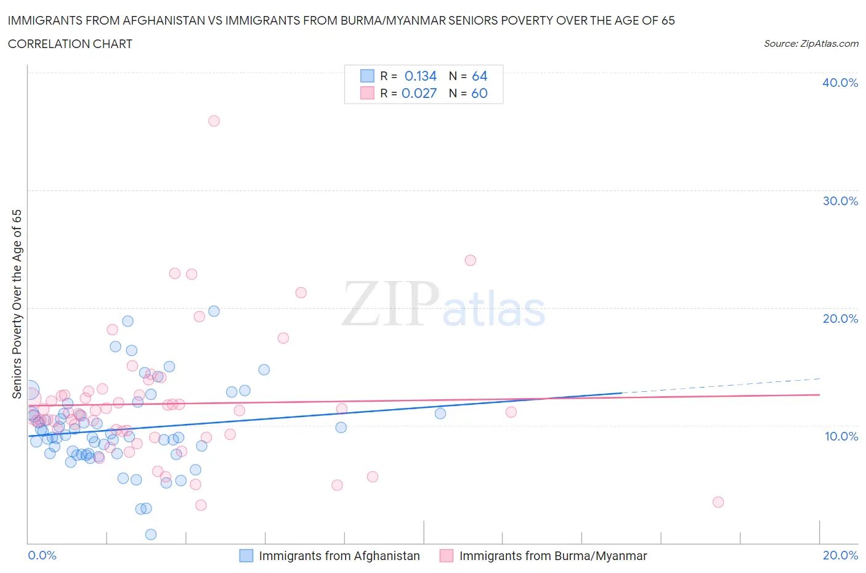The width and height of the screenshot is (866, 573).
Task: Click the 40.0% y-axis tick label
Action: [x=840, y=83]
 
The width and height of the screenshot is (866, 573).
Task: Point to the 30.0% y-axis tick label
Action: [x=840, y=201]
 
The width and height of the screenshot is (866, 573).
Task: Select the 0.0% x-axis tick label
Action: [x=42, y=555]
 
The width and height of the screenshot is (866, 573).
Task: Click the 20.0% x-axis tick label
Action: [x=840, y=555]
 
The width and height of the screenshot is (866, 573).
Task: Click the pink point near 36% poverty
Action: [x=214, y=121]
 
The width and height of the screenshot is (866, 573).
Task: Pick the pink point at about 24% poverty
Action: [x=471, y=260]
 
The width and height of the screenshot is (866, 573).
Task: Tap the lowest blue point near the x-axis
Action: [x=151, y=534]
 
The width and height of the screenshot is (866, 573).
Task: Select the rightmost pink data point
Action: [x=718, y=502]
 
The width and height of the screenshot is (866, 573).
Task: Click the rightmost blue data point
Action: [x=440, y=413]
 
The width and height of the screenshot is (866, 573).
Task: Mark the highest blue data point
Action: [x=214, y=311]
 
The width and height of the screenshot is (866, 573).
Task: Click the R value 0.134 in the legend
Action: [x=420, y=76]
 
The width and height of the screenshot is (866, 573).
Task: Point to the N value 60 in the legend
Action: [x=479, y=93]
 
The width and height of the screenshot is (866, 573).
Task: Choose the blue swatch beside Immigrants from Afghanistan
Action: [x=246, y=556]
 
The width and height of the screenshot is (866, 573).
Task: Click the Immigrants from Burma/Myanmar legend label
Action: [x=552, y=556]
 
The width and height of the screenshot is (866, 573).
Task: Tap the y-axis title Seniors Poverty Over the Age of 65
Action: [x=17, y=304]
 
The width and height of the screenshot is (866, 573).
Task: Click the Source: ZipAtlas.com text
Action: [x=811, y=43]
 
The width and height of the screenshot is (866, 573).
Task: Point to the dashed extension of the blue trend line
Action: [x=721, y=386]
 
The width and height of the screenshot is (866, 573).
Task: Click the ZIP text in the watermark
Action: [x=390, y=304]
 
